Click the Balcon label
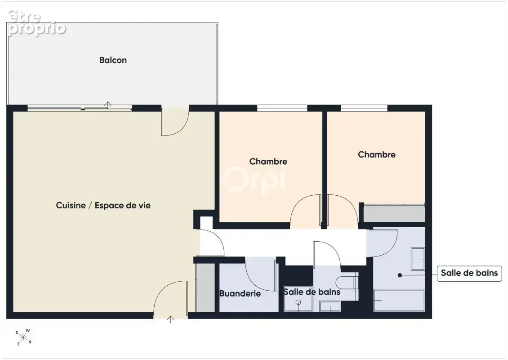point(113,60)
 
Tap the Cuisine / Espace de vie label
point(103,205)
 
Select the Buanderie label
point(240,293)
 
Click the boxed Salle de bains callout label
point(469,273)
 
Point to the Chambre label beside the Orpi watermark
point(268,162)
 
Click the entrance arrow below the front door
point(170,319)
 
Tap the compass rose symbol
point(24,337)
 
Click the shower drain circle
point(299,302)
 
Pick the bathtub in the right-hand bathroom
point(399,300)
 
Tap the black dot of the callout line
point(400,275)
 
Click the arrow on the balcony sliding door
point(108,104)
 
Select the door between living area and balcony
point(175,122)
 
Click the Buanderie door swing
point(260,274)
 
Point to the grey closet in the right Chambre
point(394,213)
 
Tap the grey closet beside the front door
point(205,288)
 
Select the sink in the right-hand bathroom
point(418,259)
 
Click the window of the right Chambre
point(364,108)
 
